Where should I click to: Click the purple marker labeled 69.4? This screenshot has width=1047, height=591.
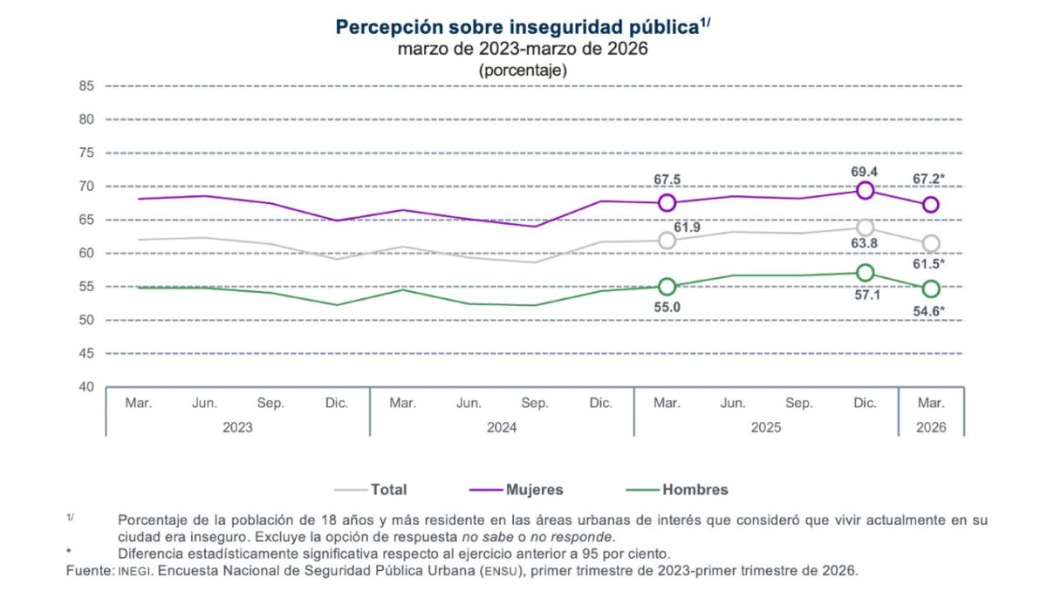point(865,190)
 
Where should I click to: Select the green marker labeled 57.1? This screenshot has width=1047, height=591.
point(865,273)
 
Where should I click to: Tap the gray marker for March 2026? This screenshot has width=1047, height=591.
point(931,243)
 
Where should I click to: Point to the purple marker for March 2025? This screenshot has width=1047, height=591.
point(667,203)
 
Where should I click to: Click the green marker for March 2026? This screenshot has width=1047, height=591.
point(931,289)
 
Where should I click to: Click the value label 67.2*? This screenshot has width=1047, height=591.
point(930,180)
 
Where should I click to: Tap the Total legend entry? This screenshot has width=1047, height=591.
point(371,490)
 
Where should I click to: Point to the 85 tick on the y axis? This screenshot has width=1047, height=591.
point(86,86)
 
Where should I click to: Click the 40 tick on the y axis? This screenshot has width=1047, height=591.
point(86,387)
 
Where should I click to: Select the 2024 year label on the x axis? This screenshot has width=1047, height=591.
point(502,428)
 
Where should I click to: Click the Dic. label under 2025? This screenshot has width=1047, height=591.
point(865,404)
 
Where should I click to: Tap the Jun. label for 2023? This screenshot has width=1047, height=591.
point(204,404)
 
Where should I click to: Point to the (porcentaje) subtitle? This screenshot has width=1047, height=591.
point(523,70)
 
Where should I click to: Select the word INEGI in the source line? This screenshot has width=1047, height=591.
point(134,572)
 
